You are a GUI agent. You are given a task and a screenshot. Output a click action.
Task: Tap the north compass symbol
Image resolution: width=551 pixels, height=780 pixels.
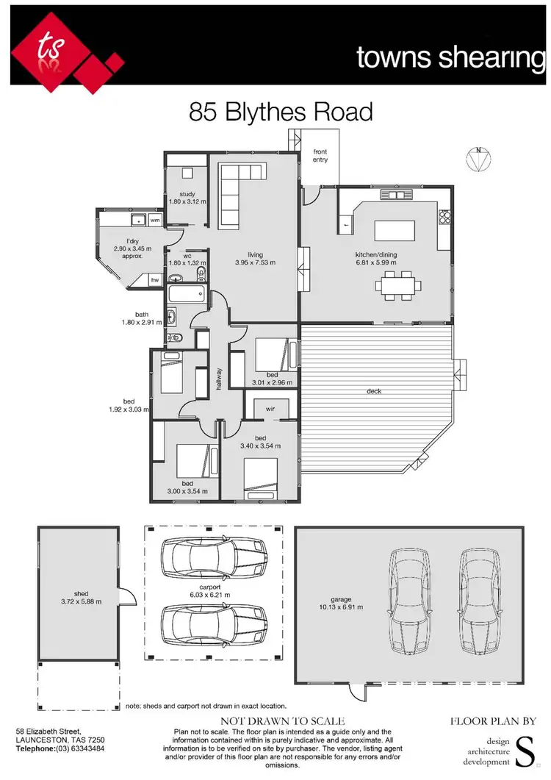coord(479,160)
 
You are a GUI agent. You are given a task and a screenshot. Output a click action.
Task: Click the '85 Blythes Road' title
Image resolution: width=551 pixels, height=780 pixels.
coord(281,112)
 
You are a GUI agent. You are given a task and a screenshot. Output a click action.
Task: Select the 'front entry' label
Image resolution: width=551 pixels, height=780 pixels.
coord(320,156)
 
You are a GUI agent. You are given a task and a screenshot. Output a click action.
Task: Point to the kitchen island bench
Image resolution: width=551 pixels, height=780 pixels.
coord(395,231)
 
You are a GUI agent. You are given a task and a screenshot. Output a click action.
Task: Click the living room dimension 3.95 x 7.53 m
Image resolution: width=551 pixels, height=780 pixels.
coord(254,261)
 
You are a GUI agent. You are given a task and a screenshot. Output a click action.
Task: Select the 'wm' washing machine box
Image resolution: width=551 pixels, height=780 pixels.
coord(155,220)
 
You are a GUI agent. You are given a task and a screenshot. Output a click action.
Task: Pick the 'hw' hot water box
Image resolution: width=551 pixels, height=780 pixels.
coord(155,280)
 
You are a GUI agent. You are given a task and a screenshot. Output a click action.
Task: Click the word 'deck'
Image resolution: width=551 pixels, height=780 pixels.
coord(375,391)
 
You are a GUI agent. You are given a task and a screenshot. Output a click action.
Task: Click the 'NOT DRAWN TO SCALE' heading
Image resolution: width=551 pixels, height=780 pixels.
coord(283,722)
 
